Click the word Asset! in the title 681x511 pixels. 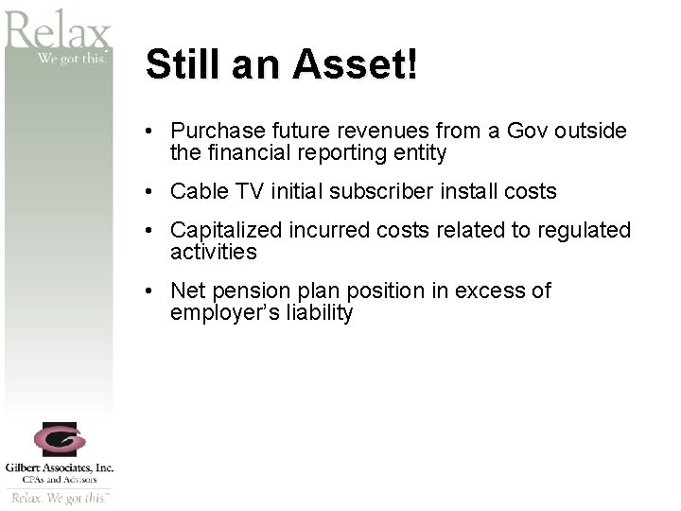[355, 65]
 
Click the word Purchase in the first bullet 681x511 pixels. [214, 131]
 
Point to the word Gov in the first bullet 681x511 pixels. [528, 131]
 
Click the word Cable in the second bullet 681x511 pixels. [198, 191]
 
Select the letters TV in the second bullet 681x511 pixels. [249, 191]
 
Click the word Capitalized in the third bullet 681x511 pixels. [221, 230]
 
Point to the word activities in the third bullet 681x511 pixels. [213, 252]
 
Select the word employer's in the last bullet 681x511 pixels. [218, 313]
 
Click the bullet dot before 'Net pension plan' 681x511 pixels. [150, 291]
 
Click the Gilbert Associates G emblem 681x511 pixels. [60, 440]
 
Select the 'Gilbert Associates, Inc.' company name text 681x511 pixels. [60, 467]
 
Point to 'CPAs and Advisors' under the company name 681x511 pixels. [60, 480]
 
